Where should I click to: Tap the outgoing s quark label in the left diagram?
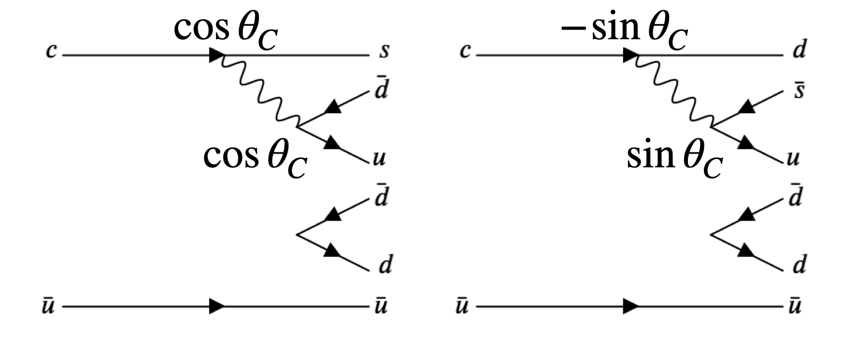384,54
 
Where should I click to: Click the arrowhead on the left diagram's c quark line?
216,56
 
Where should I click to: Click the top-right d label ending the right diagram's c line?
798,53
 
